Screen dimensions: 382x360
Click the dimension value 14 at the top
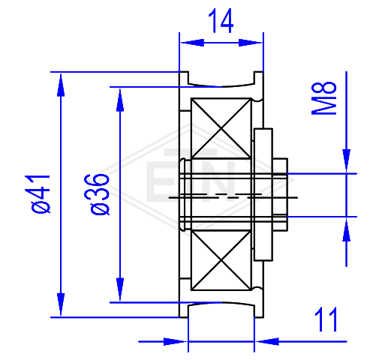point(221,21)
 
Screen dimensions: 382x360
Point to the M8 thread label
point(324,98)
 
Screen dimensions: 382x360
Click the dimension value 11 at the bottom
point(326,319)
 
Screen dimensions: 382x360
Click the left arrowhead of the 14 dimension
point(192,43)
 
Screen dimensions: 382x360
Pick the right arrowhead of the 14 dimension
point(250,43)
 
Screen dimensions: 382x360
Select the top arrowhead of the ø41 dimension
point(61,85)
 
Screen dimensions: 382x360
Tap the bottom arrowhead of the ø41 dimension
point(61,304)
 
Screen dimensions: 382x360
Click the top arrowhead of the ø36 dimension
point(120,100)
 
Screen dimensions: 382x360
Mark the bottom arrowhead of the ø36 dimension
point(120,289)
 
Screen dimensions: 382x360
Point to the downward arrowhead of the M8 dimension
point(347,160)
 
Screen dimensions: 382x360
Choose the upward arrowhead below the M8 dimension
point(347,229)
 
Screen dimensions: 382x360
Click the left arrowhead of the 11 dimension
point(175,341)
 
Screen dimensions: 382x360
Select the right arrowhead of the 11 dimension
point(267,341)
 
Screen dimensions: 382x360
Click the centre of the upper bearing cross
point(221,128)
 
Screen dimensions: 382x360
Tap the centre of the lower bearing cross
point(221,260)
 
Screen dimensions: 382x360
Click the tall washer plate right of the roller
point(263,195)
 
